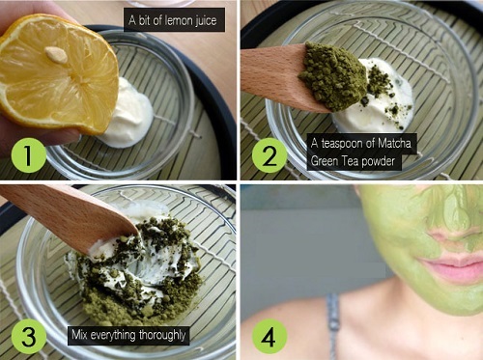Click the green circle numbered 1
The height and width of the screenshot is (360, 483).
28,155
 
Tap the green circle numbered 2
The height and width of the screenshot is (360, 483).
270,155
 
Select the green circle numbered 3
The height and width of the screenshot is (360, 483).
28,337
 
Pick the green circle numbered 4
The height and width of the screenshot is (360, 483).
270,337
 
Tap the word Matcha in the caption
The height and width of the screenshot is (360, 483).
394,143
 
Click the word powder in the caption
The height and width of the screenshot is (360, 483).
378,160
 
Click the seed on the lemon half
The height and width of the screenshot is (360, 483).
56,54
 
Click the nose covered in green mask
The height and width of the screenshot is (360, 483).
457,222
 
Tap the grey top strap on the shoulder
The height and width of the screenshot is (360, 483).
334,325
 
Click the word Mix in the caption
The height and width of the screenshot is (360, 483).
79,335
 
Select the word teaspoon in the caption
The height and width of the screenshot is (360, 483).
346,143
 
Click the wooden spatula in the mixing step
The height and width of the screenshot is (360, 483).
68,216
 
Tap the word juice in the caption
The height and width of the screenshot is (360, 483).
206,21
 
